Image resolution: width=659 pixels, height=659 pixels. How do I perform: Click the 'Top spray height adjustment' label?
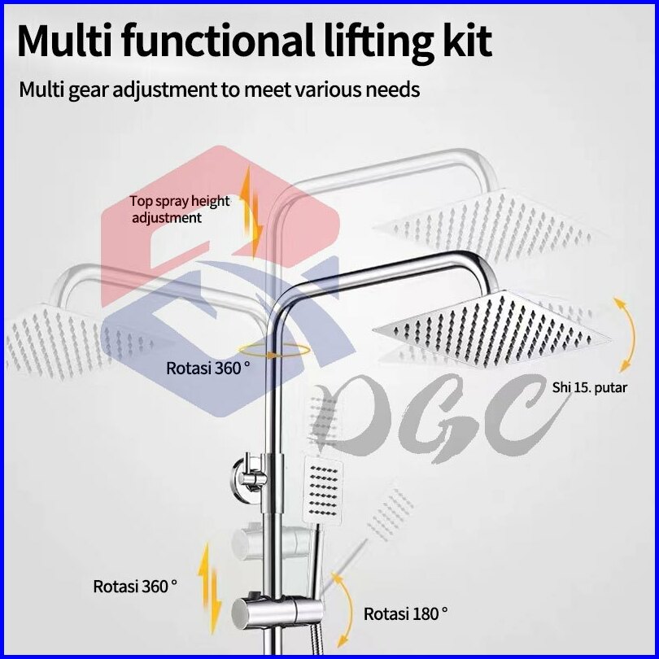(180, 209)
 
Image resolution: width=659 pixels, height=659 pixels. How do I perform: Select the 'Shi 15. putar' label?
(589, 387)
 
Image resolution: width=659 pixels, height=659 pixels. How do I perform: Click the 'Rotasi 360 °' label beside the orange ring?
(208, 369)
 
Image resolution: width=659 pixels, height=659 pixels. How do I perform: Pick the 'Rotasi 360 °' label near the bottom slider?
(135, 587)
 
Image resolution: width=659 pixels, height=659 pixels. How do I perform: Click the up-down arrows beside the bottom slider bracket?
(210, 588)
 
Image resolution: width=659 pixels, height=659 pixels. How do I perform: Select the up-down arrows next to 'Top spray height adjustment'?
(251, 212)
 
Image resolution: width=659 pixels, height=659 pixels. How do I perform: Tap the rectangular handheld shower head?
(322, 492)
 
